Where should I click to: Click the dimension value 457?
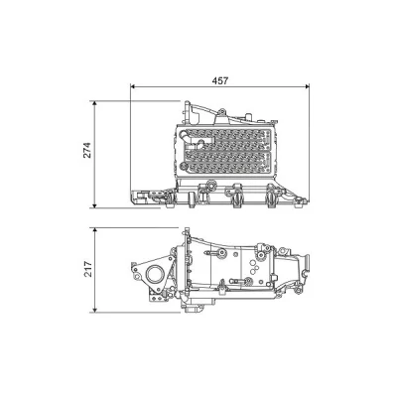[220, 80]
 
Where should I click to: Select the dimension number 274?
[86, 150]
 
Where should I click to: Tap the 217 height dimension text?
[86, 269]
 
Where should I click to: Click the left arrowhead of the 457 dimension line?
[133, 86]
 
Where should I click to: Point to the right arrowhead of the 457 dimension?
[307, 86]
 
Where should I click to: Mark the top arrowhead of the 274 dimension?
[94, 103]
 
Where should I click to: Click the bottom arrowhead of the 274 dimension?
[94, 205]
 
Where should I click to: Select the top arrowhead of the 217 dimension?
[94, 230]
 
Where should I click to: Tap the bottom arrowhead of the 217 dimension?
[94, 310]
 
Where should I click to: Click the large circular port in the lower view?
[155, 274]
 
